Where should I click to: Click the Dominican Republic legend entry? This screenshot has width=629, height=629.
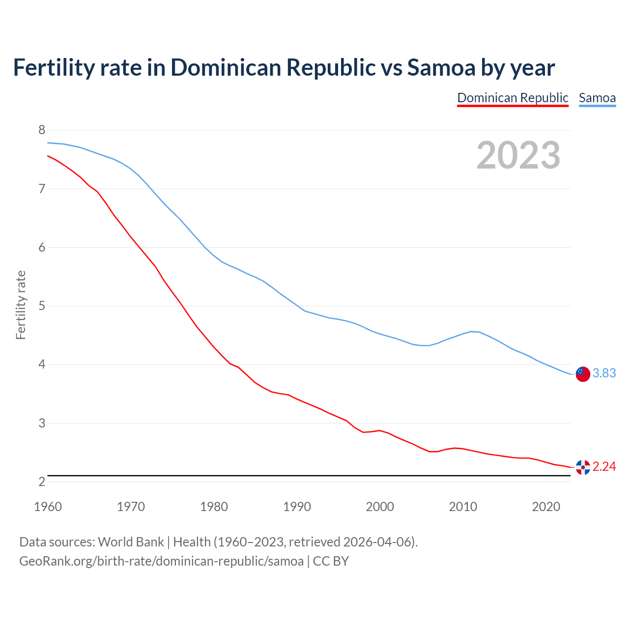tap(513, 98)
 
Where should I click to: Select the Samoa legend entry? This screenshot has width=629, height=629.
tap(597, 98)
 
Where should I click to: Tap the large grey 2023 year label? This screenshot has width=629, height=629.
tap(518, 155)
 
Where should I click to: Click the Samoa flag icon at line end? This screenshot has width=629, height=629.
tap(583, 373)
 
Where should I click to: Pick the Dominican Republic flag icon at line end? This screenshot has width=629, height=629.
tap(583, 467)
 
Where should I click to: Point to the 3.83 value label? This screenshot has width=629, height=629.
tap(604, 373)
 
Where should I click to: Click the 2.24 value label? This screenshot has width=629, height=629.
tap(604, 467)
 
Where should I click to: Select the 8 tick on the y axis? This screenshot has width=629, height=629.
tap(42, 130)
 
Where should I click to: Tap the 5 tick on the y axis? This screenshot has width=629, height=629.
tap(42, 306)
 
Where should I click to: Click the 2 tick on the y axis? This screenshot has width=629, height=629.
tap(42, 482)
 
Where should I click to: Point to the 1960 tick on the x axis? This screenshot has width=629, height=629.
tap(48, 507)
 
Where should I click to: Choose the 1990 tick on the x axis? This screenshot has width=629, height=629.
tap(297, 507)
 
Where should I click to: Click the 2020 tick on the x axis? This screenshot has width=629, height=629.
tap(546, 507)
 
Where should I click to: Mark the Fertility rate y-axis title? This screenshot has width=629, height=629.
tap(21, 305)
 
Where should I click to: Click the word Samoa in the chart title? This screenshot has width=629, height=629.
tap(441, 68)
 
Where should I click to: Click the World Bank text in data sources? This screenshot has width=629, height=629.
tap(131, 542)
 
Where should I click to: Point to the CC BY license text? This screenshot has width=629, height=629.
tap(331, 561)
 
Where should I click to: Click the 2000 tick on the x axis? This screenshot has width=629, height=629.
tap(380, 507)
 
